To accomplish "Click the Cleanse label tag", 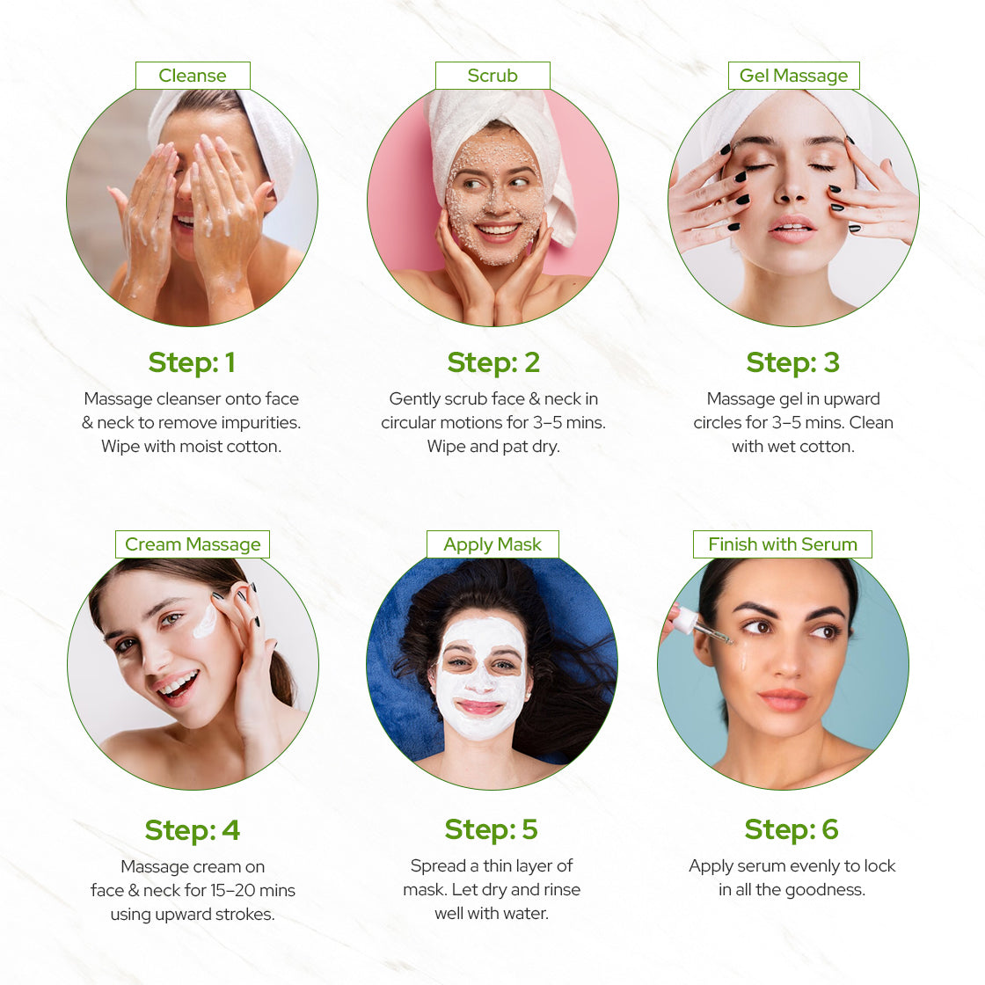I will pyautogui.click(x=193, y=76).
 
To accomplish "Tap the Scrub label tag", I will pyautogui.click(x=492, y=76).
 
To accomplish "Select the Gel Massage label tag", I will pyautogui.click(x=793, y=76).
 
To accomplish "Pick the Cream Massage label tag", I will pyautogui.click(x=193, y=544).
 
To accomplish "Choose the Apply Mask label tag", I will pyautogui.click(x=492, y=544).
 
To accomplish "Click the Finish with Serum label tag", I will pyautogui.click(x=783, y=544).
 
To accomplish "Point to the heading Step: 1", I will pyautogui.click(x=192, y=362).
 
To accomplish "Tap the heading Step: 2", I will pyautogui.click(x=493, y=362).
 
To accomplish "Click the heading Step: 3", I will pyautogui.click(x=792, y=362).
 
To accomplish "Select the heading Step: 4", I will pyautogui.click(x=192, y=830).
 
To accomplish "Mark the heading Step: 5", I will pyautogui.click(x=492, y=829).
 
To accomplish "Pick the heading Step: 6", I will pyautogui.click(x=792, y=829).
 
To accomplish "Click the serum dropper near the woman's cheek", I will pyautogui.click(x=700, y=625).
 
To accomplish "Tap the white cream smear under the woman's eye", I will pyautogui.click(x=205, y=622).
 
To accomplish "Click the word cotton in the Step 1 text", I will pyautogui.click(x=254, y=446).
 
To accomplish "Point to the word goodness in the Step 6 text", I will pyautogui.click(x=824, y=889).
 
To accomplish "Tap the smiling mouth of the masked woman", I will pyautogui.click(x=480, y=706).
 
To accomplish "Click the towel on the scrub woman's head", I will pyautogui.click(x=492, y=110).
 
